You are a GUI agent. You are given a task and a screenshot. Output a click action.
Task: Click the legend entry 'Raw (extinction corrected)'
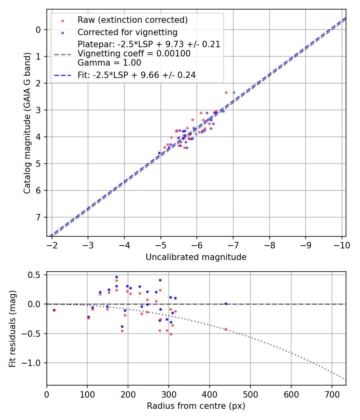(x=132, y=20)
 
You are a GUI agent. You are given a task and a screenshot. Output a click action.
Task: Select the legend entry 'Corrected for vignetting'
(x=127, y=32)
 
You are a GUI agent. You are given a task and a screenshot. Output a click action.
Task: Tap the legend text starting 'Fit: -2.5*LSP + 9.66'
(x=136, y=75)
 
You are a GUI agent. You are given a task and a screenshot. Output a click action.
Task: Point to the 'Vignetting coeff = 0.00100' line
(x=134, y=54)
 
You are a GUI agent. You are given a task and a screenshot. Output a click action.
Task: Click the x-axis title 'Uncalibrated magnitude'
(x=196, y=257)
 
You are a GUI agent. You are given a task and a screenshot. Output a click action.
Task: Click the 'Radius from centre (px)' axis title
(x=196, y=406)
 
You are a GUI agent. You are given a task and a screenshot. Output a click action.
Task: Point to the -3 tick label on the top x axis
(x=88, y=245)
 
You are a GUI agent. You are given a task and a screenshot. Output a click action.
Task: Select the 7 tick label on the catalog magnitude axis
(x=38, y=217)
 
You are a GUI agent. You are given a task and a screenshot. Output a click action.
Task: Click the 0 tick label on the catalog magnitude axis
(x=38, y=30)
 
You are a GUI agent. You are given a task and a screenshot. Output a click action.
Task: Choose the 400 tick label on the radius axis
(x=209, y=394)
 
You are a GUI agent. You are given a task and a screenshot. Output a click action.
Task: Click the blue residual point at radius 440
(x=226, y=304)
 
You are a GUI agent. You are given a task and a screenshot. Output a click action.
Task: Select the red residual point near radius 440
(x=226, y=329)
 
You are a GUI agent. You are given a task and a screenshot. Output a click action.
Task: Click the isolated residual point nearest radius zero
(x=54, y=310)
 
